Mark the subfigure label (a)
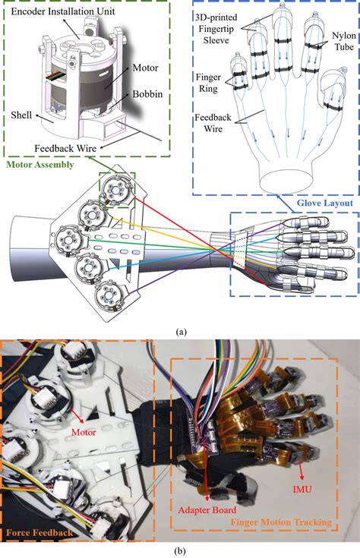coord(180,331)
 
